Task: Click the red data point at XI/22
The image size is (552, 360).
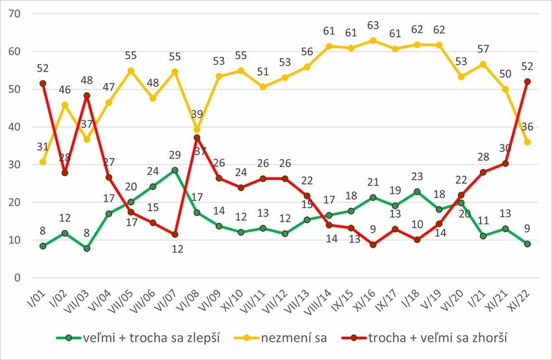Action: click(x=527, y=81)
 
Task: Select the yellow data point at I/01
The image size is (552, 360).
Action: click(x=43, y=162)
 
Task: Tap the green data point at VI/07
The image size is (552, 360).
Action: click(x=175, y=170)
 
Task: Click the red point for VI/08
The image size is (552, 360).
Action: click(x=197, y=137)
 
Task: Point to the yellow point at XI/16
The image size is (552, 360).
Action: click(x=373, y=40)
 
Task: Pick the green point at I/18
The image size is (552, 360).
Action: click(x=417, y=192)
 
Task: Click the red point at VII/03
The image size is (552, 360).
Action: click(x=87, y=96)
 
